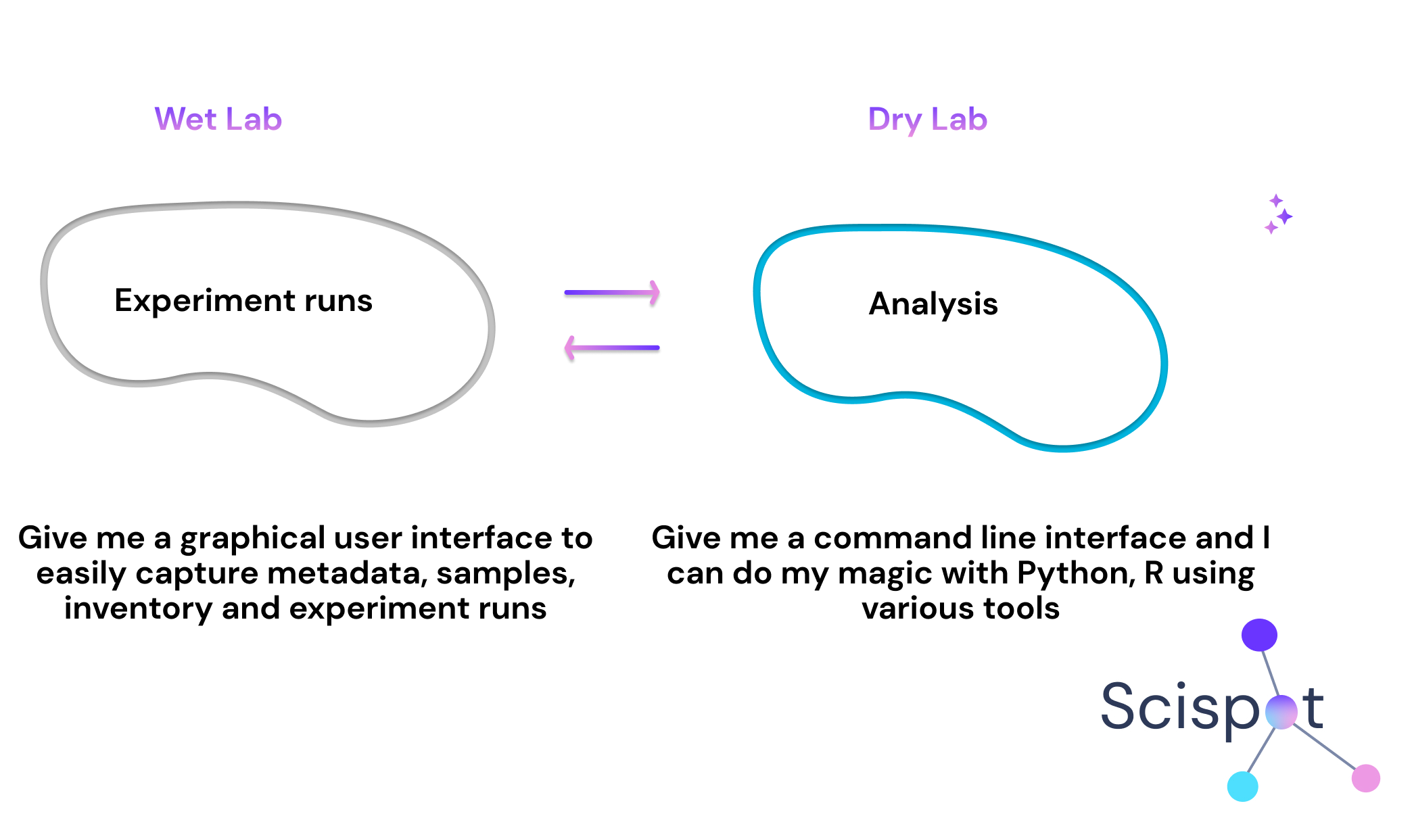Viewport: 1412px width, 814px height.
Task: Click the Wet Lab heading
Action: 218,119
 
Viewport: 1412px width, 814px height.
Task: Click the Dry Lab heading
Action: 927,120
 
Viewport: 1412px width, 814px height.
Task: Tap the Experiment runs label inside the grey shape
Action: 243,301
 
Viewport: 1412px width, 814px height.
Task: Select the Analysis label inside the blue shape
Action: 933,304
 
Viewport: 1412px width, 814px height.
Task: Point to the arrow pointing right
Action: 612,293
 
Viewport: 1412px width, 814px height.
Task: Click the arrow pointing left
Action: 612,348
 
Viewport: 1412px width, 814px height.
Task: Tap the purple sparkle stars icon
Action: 1279,214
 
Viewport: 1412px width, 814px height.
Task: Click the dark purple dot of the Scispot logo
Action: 1259,636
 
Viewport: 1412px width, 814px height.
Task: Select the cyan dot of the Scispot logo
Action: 1243,786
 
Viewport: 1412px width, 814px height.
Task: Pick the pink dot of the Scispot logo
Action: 1365,778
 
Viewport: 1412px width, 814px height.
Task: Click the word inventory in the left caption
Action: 138,608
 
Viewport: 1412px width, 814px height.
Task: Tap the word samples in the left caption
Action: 506,574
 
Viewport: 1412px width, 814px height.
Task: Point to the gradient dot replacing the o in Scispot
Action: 1281,712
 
